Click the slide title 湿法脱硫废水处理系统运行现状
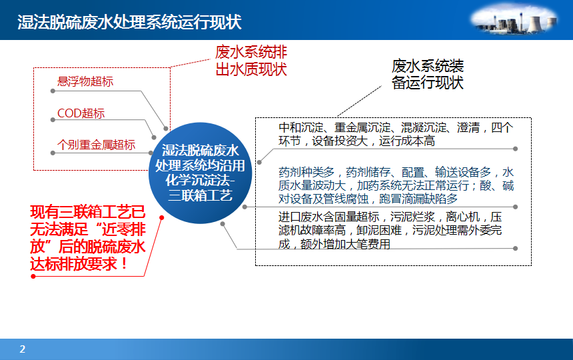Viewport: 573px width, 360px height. pyautogui.click(x=129, y=22)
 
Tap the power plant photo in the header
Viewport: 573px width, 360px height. pyautogui.click(x=514, y=20)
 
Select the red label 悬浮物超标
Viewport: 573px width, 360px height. pyautogui.click(x=85, y=81)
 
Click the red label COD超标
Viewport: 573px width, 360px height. pyautogui.click(x=81, y=113)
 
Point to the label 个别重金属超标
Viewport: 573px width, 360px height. pyautogui.click(x=96, y=145)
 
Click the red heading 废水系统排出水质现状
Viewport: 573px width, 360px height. pyautogui.click(x=251, y=61)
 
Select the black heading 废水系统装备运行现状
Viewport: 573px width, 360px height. pyautogui.click(x=428, y=74)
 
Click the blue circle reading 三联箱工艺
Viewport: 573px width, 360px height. pyautogui.click(x=201, y=173)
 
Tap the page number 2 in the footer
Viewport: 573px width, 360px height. pyautogui.click(x=22, y=349)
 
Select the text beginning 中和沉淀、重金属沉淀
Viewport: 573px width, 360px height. pyautogui.click(x=396, y=134)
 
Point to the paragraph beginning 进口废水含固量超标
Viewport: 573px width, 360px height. pyautogui.click(x=390, y=230)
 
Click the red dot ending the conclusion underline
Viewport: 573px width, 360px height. pyautogui.click(x=33, y=276)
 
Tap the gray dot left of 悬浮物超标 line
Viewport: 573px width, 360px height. pyautogui.click(x=53, y=91)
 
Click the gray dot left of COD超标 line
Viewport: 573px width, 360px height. pyautogui.click(x=53, y=120)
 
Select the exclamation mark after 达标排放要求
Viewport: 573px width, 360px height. pyautogui.click(x=125, y=263)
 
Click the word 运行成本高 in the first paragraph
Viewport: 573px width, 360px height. pyautogui.click(x=406, y=141)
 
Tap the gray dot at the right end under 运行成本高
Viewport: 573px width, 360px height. pyautogui.click(x=515, y=149)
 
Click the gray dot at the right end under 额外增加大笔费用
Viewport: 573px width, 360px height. pyautogui.click(x=515, y=249)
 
